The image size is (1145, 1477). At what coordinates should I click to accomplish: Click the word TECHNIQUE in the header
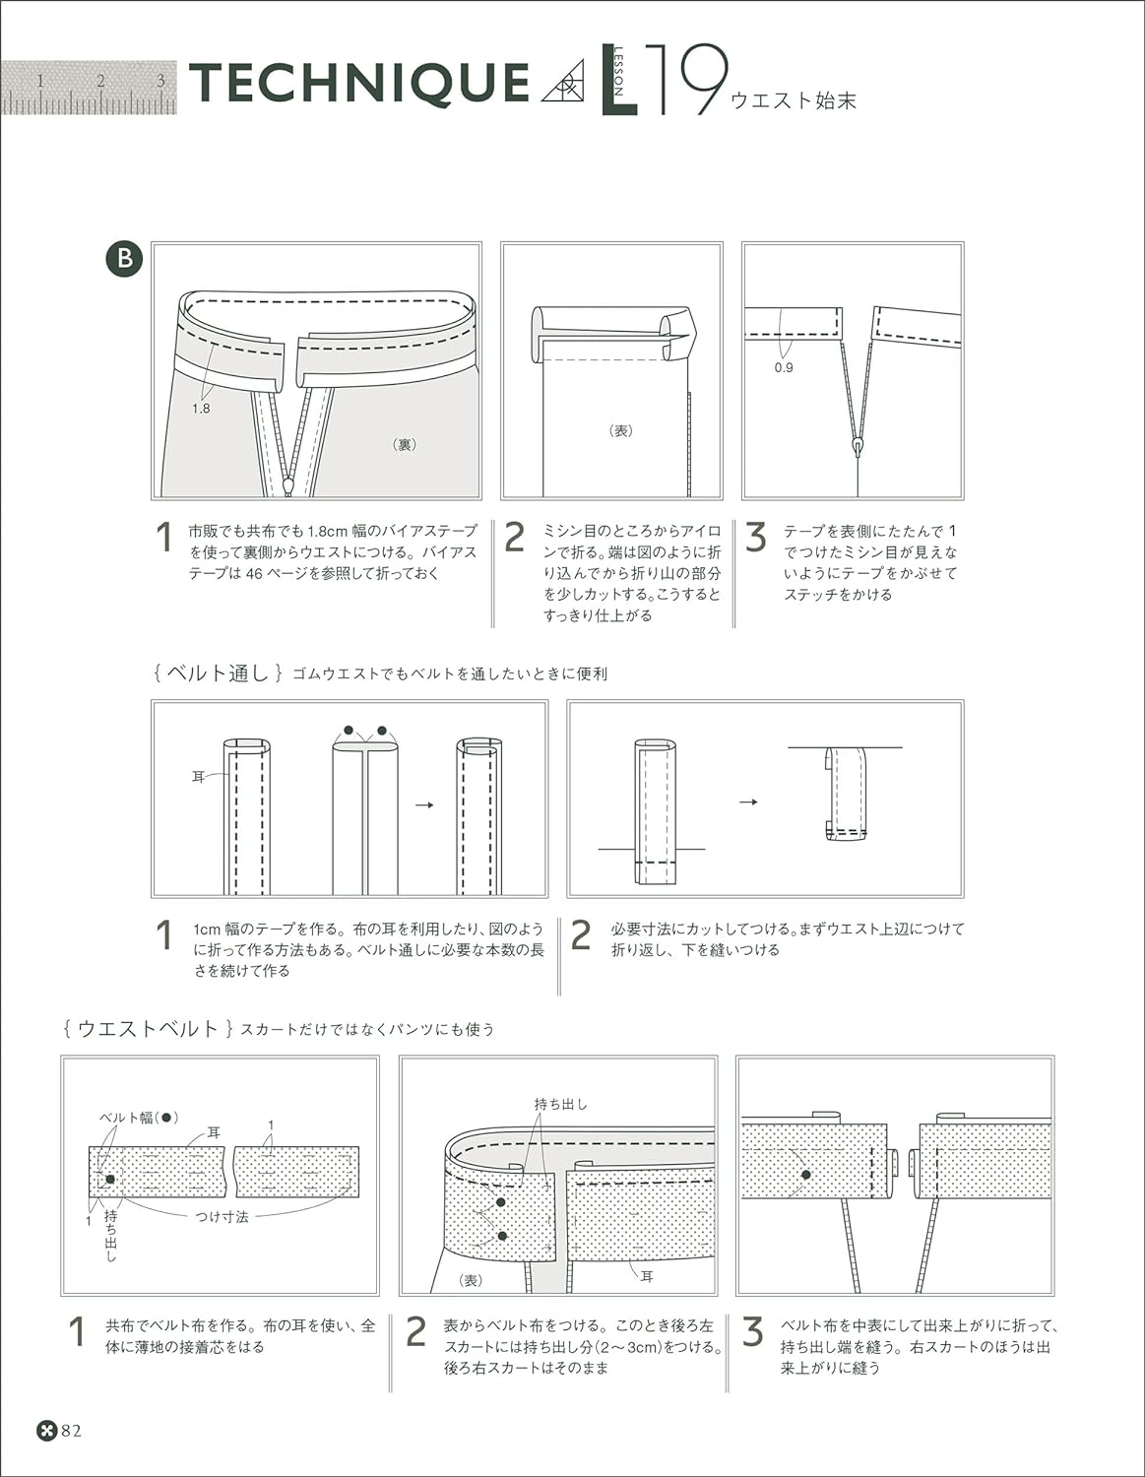(359, 84)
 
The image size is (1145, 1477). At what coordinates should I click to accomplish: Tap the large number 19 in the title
(692, 81)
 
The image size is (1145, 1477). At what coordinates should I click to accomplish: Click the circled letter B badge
(124, 260)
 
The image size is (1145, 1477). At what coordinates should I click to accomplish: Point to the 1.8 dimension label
(201, 408)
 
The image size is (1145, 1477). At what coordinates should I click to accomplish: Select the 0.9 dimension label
(783, 367)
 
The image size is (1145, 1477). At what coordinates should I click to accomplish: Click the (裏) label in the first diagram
(404, 444)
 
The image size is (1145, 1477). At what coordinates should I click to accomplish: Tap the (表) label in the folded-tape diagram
(621, 430)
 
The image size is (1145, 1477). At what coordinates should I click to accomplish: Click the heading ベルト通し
(218, 674)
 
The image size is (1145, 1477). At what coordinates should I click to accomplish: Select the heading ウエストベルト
(147, 1029)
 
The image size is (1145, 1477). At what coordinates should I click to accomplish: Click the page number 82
(72, 1431)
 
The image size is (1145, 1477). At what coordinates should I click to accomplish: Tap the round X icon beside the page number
(46, 1431)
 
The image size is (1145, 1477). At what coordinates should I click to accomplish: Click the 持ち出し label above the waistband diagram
(560, 1104)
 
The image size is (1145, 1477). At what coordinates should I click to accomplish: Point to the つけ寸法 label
(222, 1217)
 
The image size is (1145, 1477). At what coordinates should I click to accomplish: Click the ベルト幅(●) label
(139, 1118)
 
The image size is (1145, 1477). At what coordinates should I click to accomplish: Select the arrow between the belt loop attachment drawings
(748, 803)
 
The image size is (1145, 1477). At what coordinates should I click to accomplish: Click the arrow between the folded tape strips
(424, 804)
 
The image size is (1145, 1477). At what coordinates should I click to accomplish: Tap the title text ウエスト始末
(793, 99)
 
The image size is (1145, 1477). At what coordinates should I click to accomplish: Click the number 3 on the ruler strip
(160, 81)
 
